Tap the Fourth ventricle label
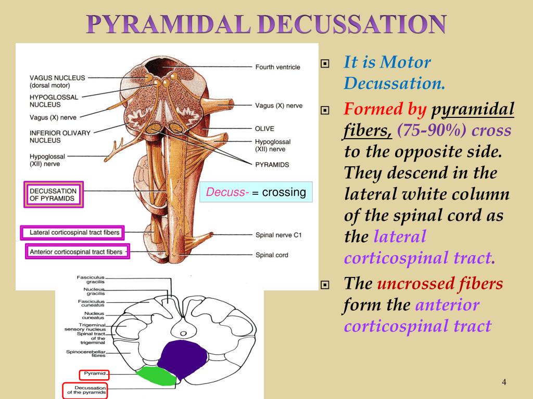tap(277, 67)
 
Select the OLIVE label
tap(264, 128)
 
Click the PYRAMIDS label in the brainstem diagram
tap(272, 164)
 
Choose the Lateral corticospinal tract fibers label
tap(74, 232)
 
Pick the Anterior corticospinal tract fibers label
tap(77, 252)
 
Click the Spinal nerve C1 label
tap(278, 235)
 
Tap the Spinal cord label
tap(271, 255)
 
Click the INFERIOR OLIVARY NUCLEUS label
tap(60, 136)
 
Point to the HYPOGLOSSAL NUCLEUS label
tap(54, 101)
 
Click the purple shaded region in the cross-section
tap(182, 358)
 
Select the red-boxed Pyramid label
tap(94, 374)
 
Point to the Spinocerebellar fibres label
tap(85, 354)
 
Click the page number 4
tap(504, 383)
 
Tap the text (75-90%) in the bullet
tap(432, 130)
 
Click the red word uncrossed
tap(410, 284)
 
